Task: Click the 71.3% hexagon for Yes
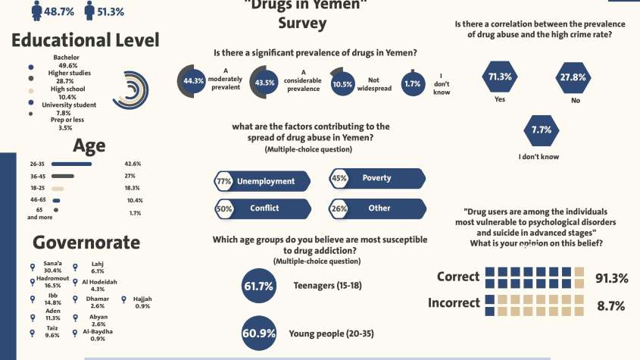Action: pos(500,77)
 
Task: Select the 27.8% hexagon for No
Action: pos(573,77)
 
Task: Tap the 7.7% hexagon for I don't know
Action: pos(541,130)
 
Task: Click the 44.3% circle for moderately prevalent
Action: pos(195,82)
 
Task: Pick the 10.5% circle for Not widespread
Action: pos(342,84)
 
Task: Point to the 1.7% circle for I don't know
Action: pos(412,84)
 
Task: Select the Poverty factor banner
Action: pos(375,179)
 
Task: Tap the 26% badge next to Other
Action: pos(339,208)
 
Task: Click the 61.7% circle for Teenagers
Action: pos(258,286)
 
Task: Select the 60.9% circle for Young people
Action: pos(258,333)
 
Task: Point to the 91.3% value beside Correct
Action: pos(611,278)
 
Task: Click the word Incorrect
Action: pos(454,303)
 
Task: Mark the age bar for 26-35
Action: pos(71,164)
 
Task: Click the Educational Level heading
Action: pos(85,40)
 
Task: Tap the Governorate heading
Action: pos(86,243)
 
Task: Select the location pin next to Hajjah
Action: pos(124,299)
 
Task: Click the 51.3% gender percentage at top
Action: pos(111,11)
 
